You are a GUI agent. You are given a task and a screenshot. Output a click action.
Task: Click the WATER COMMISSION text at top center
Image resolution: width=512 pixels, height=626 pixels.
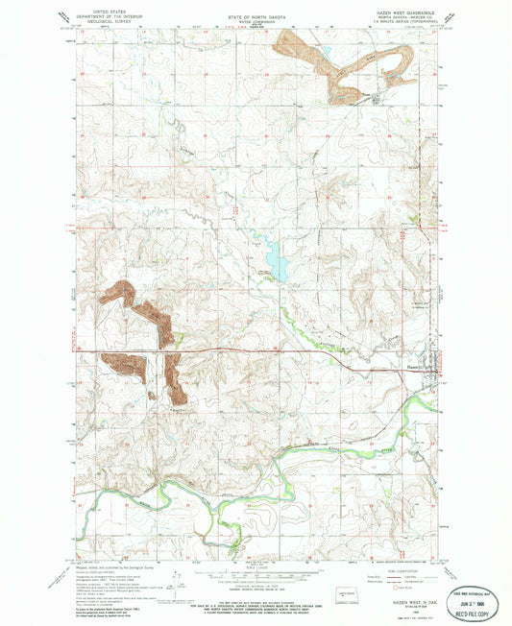tap(255, 20)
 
